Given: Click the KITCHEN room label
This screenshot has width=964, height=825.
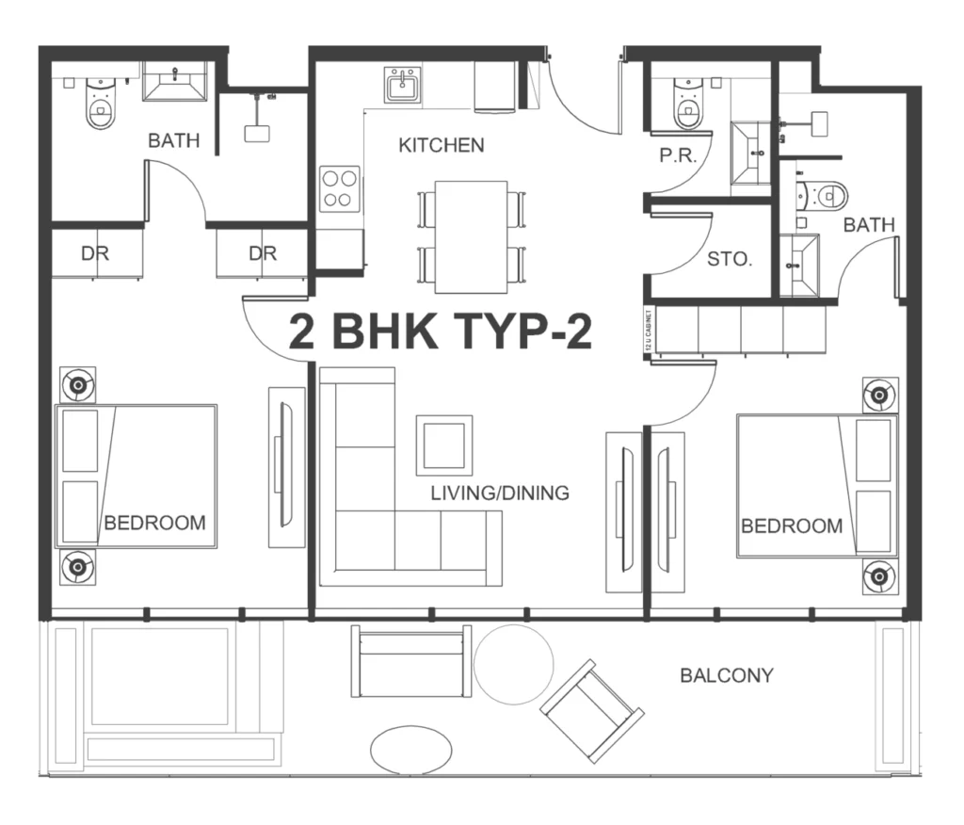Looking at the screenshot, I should [442, 145].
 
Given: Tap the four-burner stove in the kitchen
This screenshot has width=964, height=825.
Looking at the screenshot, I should [339, 188].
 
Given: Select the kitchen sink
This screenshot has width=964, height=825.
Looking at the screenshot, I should [407, 85].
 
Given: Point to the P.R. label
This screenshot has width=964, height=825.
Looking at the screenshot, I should [678, 156].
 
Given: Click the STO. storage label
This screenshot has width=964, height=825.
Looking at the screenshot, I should [730, 259].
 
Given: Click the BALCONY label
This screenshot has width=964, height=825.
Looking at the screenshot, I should [727, 675].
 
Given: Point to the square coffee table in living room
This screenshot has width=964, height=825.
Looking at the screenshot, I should [444, 443].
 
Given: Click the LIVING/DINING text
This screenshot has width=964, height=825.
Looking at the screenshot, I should [500, 493].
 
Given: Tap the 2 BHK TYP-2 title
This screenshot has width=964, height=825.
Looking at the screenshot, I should [441, 332].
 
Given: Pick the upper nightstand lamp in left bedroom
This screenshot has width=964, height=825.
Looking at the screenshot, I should [76, 384].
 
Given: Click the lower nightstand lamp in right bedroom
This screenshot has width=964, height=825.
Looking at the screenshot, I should [878, 574].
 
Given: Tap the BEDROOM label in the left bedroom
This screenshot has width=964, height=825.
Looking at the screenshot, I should [154, 523].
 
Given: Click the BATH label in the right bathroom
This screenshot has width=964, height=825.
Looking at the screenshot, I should [869, 225].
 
